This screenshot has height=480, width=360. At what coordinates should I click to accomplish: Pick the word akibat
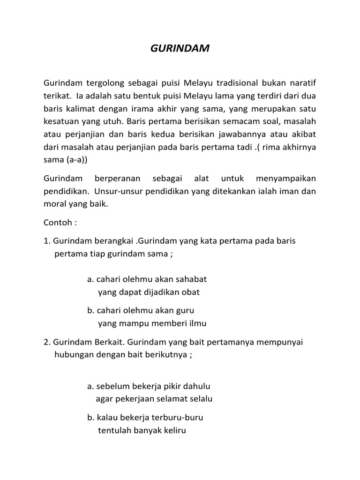pyautogui.click(x=304, y=134)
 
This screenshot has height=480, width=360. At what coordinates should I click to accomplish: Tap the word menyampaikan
pyautogui.click(x=286, y=179)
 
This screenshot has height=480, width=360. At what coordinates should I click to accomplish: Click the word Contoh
pyautogui.click(x=57, y=223)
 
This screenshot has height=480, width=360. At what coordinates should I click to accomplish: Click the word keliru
pyautogui.click(x=174, y=430)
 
